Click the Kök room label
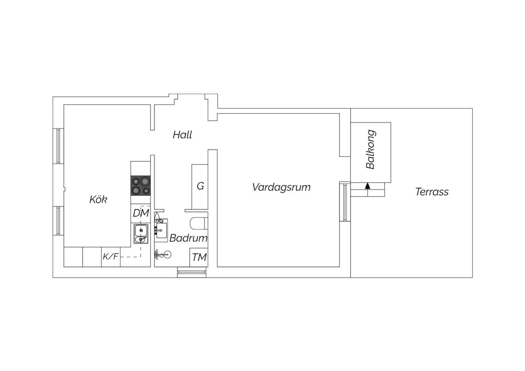point(98,199)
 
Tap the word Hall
point(182,135)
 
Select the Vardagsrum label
point(281,187)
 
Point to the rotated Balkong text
point(371,149)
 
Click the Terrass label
point(432,192)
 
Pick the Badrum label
point(188,238)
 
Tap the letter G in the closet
point(200,186)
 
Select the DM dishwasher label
point(141,213)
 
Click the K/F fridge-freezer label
point(110,257)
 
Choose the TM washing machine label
point(199,257)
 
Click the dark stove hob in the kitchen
point(141,185)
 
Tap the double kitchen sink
point(141,234)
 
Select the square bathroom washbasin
point(161,230)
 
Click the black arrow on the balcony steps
point(367,186)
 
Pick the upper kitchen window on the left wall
point(58,146)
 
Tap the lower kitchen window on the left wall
point(58,220)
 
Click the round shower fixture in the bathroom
point(167,254)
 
